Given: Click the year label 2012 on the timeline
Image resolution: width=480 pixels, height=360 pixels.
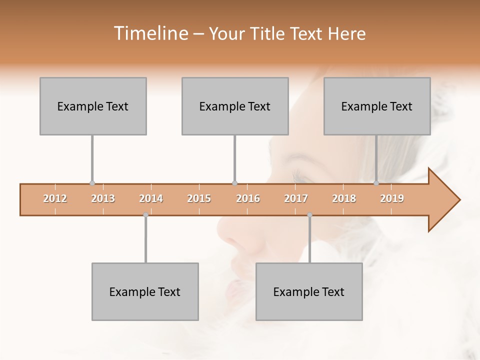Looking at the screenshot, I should coord(55,199).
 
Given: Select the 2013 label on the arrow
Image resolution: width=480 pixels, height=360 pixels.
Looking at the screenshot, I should coord(103,199).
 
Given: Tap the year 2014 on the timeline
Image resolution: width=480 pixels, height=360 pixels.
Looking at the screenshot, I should coord(151,199).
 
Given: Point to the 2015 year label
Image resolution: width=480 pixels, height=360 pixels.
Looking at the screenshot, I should coord(199,199).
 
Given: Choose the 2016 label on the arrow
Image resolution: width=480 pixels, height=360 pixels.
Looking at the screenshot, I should coord(248,199).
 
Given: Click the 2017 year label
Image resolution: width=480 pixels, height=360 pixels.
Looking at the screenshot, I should coord(296,199).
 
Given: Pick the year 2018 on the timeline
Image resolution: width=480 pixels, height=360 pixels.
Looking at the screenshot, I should coord(344,199).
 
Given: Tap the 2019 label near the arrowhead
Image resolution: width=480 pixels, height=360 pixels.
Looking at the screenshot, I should coord(392,199).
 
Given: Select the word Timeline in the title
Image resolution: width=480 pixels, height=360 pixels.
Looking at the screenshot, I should coord(150,33).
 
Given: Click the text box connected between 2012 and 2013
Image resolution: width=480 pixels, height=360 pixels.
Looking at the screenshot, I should coord(93,106).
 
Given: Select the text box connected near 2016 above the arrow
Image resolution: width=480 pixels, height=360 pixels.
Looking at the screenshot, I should coord(235,106).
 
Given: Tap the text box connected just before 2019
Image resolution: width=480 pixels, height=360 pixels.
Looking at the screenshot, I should coord(377,106).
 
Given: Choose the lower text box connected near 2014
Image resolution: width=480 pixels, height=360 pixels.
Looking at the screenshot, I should coord(145,291).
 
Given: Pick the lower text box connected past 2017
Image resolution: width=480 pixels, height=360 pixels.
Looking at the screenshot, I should coord(309,291).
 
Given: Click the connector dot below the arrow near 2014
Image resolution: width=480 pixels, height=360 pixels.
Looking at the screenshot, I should coord(145,215).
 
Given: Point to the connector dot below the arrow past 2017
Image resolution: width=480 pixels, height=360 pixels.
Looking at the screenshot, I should coord(309,215).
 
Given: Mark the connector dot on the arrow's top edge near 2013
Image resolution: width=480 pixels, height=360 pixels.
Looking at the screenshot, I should coord(92,183).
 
